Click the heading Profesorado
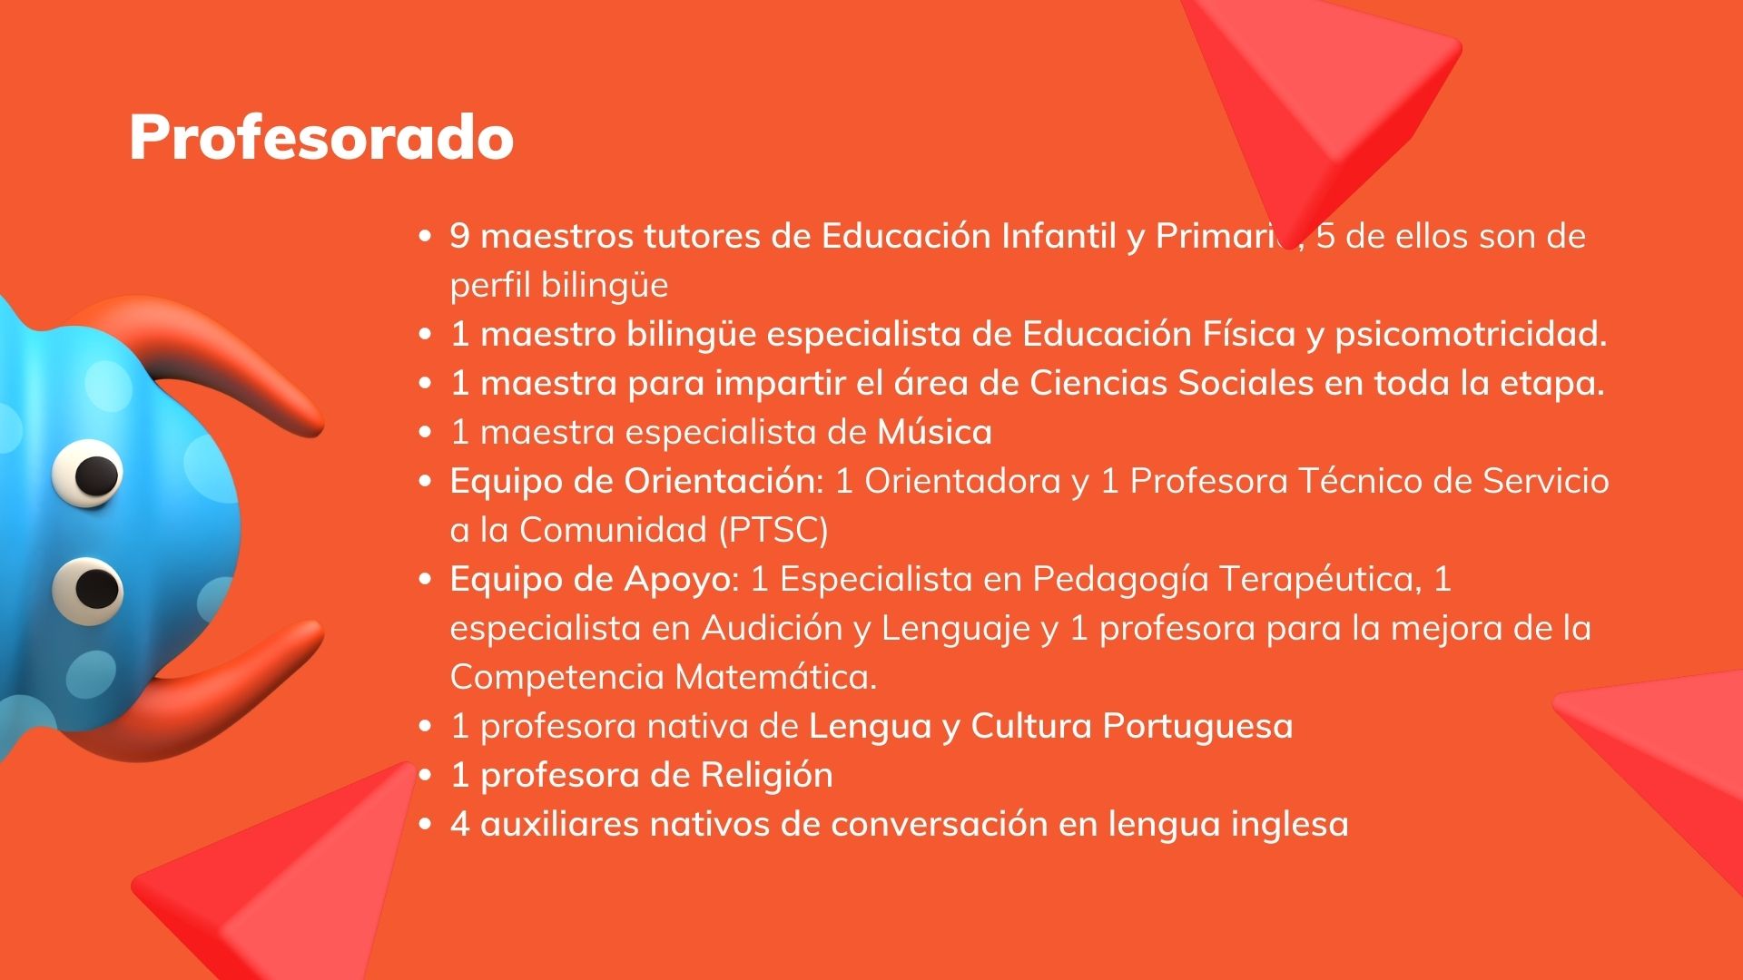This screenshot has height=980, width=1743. pos(321,138)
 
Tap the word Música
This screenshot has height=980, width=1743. pos(934,432)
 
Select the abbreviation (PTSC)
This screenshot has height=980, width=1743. pos(773,530)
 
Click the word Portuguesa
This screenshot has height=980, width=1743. pos(1197,727)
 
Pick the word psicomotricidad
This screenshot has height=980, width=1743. pos(1471,335)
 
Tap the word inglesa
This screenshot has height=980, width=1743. pos(1290,825)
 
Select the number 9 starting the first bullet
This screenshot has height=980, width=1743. pos(459,237)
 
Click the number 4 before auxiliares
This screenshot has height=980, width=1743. pos(460,825)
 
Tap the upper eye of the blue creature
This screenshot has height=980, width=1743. pos(88,472)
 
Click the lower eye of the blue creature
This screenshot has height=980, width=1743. pos(88,591)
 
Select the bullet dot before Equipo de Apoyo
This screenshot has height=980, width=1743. pos(425,580)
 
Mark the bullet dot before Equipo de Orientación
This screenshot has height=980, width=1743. pos(425,482)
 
